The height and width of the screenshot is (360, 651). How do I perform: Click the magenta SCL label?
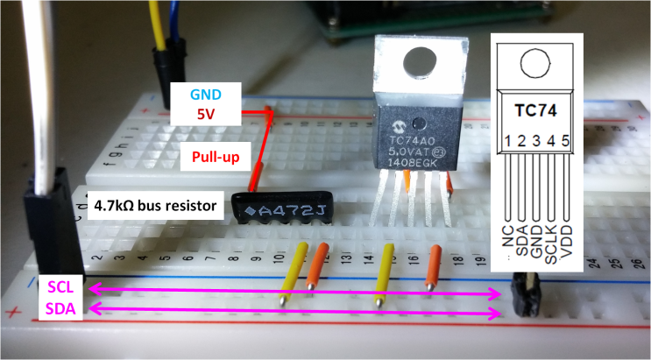(x=60, y=287)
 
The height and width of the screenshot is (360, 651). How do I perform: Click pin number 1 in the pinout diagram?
(x=506, y=141)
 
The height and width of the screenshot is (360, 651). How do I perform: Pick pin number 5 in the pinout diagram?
(x=565, y=141)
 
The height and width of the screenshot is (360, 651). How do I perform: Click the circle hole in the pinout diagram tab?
(x=535, y=62)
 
